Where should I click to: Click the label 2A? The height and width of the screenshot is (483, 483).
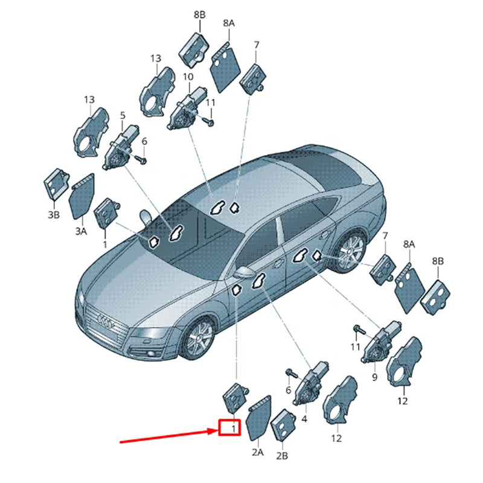(258, 452)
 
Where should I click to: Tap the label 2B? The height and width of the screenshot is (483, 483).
(282, 456)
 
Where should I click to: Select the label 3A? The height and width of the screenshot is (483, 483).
(81, 231)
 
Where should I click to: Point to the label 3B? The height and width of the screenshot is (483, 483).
(54, 215)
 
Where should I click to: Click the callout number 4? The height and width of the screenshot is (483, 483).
(304, 419)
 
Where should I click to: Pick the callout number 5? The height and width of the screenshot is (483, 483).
(123, 115)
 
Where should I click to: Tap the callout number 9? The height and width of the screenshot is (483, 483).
(374, 377)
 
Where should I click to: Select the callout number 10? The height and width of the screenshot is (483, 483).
(188, 77)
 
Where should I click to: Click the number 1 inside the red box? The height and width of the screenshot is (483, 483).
(234, 429)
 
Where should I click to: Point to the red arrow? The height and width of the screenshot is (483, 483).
(169, 437)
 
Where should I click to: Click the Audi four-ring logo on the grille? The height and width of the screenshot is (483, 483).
(106, 321)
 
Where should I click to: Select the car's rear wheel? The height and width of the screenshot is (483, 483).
(350, 251)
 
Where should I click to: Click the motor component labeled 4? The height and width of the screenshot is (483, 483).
(310, 383)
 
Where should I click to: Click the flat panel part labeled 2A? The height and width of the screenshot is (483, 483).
(260, 418)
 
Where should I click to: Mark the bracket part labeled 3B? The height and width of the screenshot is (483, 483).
(56, 184)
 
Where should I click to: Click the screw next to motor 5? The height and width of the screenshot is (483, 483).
(141, 159)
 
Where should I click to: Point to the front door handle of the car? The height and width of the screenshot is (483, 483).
(278, 263)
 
